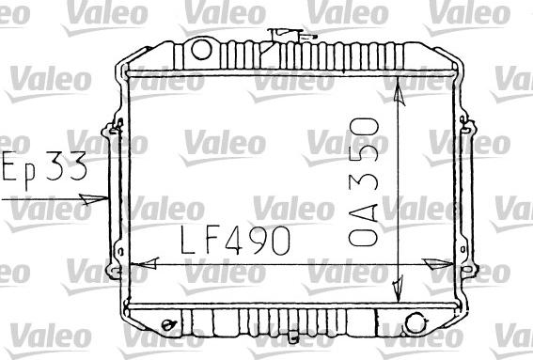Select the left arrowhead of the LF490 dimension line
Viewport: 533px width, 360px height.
click(133, 265)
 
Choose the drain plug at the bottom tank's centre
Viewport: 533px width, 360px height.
click(294, 338)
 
